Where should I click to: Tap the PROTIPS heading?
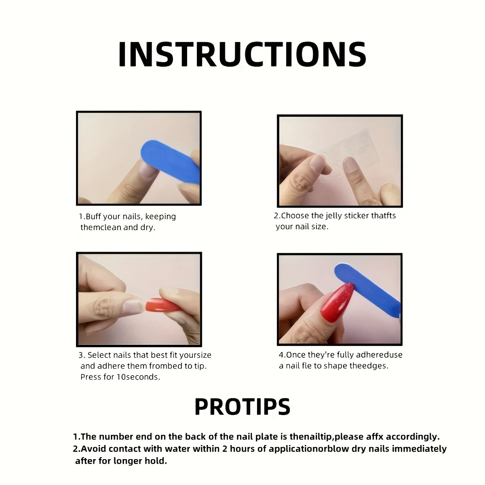coord(242,407)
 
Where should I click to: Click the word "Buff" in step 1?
coord(93,217)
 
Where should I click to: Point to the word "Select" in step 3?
coord(99,355)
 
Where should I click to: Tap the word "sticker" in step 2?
coord(356,216)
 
